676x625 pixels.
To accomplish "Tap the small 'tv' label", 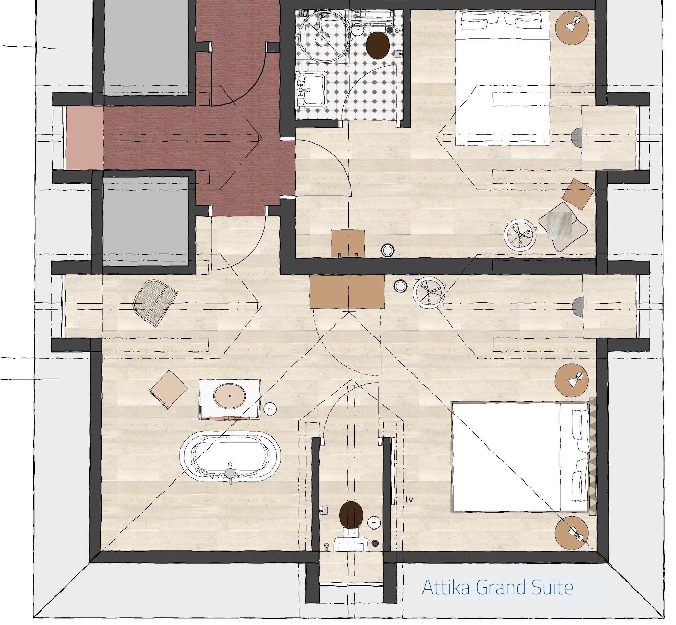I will point(409,499).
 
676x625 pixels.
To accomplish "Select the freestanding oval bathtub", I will point(230,457).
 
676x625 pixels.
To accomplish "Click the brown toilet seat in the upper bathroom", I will point(378,45).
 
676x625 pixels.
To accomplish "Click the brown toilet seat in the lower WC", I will point(351,515).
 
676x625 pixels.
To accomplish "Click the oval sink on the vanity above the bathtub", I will point(230,395).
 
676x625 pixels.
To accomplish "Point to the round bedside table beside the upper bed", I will point(572,28).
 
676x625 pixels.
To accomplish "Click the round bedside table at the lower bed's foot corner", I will point(572,533).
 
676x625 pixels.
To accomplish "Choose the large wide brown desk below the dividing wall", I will point(347,291).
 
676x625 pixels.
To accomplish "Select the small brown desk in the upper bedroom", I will point(348,243).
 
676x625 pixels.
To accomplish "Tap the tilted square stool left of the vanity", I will point(168,389).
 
